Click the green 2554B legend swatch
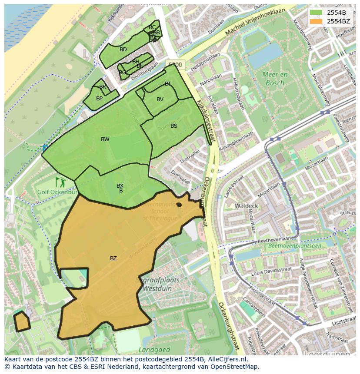[x=316, y=13]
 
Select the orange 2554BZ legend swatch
[x=316, y=21]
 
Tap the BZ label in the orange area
[x=113, y=258]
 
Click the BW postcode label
[x=105, y=139]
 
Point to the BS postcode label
[x=174, y=126]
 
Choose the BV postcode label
[x=160, y=99]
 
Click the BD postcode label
[x=123, y=50]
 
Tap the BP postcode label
[x=100, y=99]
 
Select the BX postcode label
[x=120, y=186]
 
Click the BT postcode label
[x=168, y=84]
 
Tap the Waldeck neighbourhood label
[x=246, y=206]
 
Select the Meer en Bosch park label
[x=275, y=79]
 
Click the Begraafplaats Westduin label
[x=151, y=284]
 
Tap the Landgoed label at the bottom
[x=151, y=349]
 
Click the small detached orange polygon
[x=21, y=321]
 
